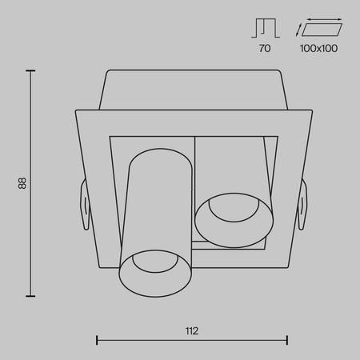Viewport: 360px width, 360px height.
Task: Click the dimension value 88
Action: (23, 183)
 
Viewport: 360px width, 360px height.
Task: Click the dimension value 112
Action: (191, 330)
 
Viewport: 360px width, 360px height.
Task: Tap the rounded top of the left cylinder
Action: (158, 154)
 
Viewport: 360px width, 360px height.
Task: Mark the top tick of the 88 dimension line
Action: (31, 71)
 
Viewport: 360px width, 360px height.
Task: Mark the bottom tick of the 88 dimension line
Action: (31, 296)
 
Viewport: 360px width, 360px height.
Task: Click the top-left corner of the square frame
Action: (75, 109)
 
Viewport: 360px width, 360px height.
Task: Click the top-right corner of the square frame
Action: (309, 109)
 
